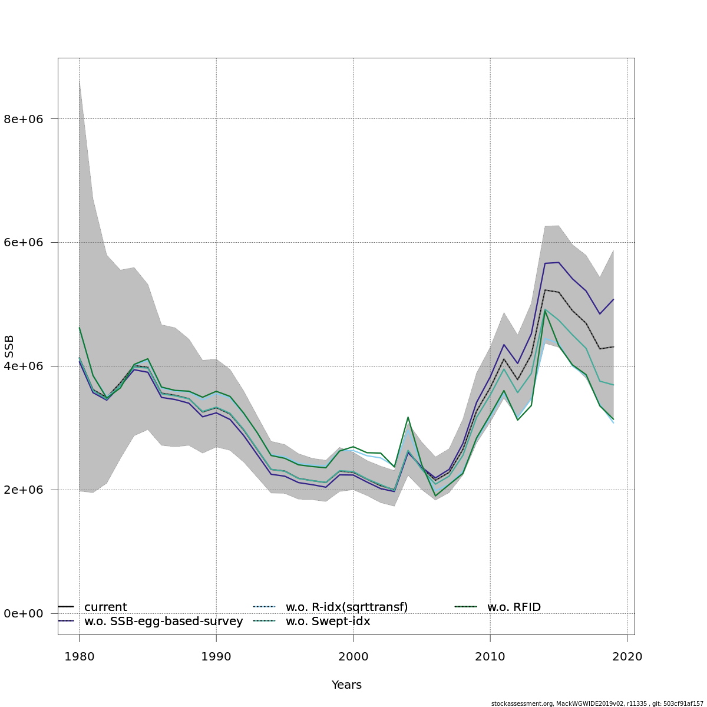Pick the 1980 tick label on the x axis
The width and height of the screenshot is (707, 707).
coord(79,657)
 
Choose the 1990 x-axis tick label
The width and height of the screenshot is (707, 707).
coord(216,657)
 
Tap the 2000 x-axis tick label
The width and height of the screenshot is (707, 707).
coord(353,657)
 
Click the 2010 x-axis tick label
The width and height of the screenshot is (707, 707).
coord(490,657)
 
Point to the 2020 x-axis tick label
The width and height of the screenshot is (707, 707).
coord(627,657)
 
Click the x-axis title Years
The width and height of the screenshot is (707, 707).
coord(346,685)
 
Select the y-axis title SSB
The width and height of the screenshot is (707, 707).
coord(9,346)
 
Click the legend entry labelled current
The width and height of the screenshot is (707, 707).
coord(105,607)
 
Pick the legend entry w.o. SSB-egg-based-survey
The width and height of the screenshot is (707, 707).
coord(163,622)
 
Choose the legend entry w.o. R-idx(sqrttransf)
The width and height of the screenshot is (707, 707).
coord(346,607)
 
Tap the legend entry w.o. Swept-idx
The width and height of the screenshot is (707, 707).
coord(328,622)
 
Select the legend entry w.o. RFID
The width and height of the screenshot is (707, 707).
coord(514,607)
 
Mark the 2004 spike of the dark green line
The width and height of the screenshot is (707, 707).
coord(408,417)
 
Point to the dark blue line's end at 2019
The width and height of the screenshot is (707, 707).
coord(613,299)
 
